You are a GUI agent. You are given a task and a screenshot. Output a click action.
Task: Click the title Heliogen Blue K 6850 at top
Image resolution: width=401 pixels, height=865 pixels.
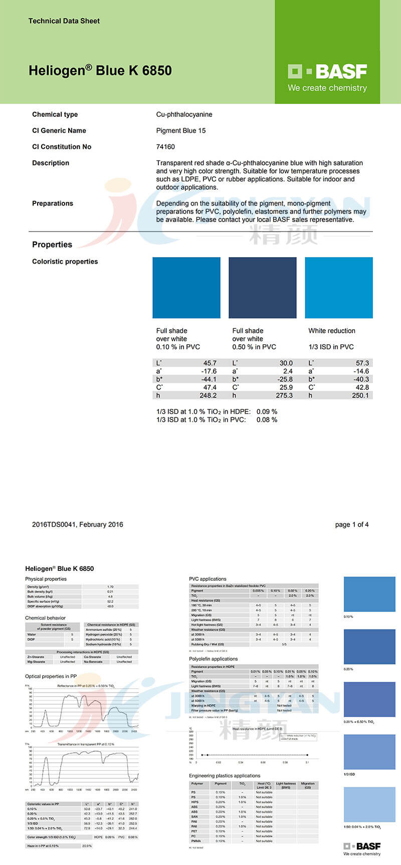[100, 71]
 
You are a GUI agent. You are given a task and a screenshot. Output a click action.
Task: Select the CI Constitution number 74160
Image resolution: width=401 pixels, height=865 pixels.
[165, 147]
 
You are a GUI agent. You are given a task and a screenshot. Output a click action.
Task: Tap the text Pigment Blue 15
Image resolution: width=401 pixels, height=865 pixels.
[181, 131]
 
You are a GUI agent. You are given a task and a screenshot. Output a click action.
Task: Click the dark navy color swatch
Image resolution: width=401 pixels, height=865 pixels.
[262, 288]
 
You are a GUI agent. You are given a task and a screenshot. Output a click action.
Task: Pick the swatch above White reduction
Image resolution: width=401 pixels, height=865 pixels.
[339, 288]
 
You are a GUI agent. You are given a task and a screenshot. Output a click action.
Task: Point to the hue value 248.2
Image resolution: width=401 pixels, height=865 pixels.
[208, 395]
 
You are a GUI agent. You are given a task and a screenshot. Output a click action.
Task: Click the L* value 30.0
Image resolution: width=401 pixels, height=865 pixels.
[286, 363]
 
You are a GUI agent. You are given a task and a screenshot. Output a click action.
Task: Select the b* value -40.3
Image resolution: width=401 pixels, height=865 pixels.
[360, 379]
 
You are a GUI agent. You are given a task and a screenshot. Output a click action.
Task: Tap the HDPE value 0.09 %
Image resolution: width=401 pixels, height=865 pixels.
[267, 411]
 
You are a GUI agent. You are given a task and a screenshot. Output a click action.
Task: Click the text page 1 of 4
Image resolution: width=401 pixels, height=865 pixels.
[352, 525]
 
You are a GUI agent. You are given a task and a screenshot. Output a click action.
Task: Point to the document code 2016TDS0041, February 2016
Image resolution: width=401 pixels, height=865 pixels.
[77, 525]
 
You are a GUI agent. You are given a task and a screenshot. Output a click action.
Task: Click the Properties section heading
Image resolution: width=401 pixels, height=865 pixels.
[52, 245]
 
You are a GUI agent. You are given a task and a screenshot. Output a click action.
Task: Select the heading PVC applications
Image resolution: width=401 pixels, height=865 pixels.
[208, 579]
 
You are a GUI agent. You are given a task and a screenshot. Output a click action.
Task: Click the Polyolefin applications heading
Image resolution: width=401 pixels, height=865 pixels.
[214, 659]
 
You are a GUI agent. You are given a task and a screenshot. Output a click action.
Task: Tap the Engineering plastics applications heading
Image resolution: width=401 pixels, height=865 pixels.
[225, 776]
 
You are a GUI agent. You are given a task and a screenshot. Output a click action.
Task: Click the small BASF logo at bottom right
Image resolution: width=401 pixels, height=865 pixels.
[362, 846]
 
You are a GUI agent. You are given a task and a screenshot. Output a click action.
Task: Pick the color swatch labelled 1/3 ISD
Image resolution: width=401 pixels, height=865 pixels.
[369, 752]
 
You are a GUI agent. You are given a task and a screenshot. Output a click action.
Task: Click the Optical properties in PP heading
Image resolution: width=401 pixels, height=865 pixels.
[51, 677]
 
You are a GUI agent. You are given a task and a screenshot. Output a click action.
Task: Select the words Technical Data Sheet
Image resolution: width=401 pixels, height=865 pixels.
[64, 21]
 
